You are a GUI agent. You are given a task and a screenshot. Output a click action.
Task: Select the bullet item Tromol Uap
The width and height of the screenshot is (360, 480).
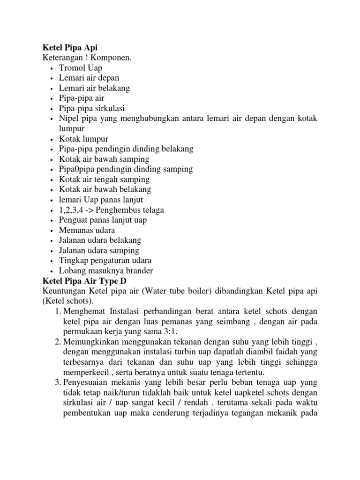[80, 68]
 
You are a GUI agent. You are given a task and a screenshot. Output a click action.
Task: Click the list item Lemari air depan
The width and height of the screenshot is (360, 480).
[89, 78]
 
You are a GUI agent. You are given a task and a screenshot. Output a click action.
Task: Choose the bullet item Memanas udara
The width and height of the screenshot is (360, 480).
[87, 230]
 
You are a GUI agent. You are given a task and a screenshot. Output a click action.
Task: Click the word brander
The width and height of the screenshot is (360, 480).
[139, 271]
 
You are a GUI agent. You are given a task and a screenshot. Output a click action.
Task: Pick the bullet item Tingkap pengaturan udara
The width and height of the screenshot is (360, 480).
[105, 261]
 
